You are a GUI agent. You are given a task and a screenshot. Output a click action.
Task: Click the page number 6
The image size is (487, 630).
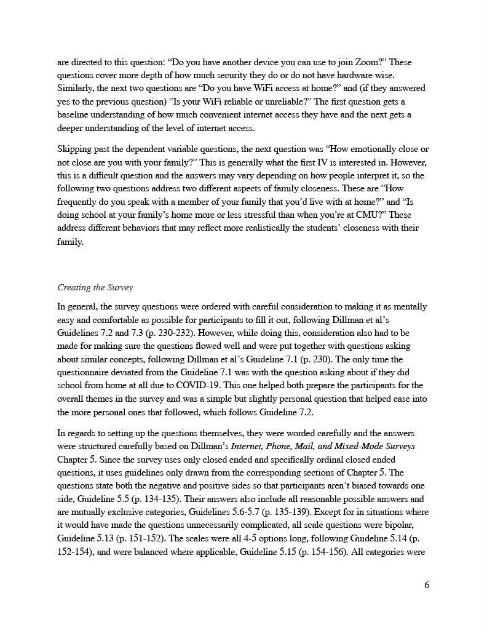point(427,584)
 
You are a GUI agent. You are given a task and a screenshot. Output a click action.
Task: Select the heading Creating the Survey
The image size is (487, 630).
point(95,287)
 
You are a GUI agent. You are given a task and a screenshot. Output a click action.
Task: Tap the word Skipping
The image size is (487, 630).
point(74,150)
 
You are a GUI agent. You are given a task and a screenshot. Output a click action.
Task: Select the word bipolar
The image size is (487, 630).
point(411,525)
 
